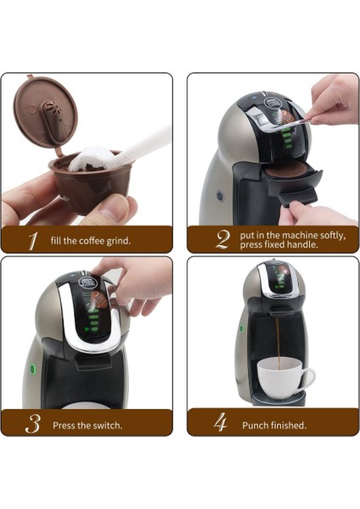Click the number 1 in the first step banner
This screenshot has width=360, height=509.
(32, 240)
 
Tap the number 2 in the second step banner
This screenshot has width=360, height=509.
(222, 239)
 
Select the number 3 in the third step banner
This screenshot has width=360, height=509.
(33, 423)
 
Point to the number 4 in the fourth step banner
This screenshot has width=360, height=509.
(220, 423)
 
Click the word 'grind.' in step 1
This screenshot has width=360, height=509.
(117, 240)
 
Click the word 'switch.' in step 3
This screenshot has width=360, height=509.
(106, 424)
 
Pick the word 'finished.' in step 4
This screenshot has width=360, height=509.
(286, 424)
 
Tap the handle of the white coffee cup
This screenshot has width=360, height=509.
(307, 378)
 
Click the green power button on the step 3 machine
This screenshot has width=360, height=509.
(31, 369)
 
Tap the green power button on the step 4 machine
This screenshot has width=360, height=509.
(240, 327)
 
